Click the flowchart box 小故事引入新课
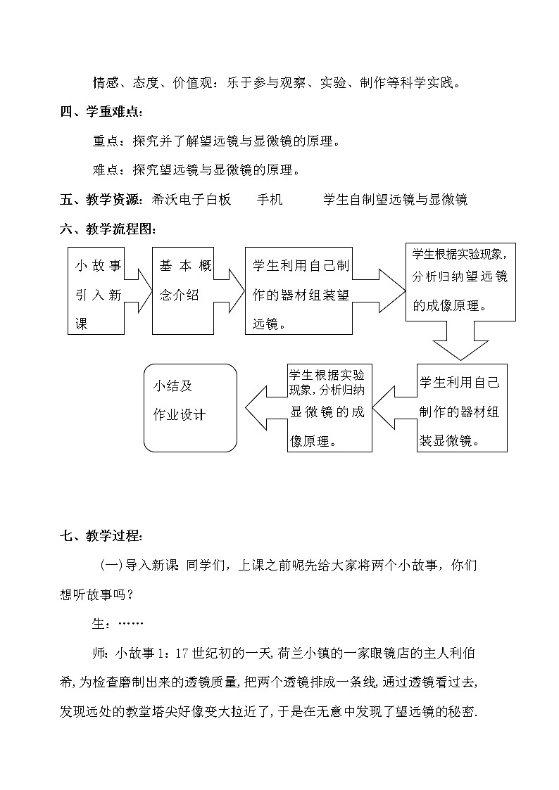point(96,291)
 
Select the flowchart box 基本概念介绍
point(183,291)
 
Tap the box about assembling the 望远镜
point(298,291)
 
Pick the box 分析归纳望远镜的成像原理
point(460,281)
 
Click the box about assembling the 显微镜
point(461,408)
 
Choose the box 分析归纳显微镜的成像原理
point(329,408)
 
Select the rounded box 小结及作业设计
point(190,408)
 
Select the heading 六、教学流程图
point(108,229)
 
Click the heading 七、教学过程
point(103,537)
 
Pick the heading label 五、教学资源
point(103,200)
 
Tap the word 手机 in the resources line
point(269,200)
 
